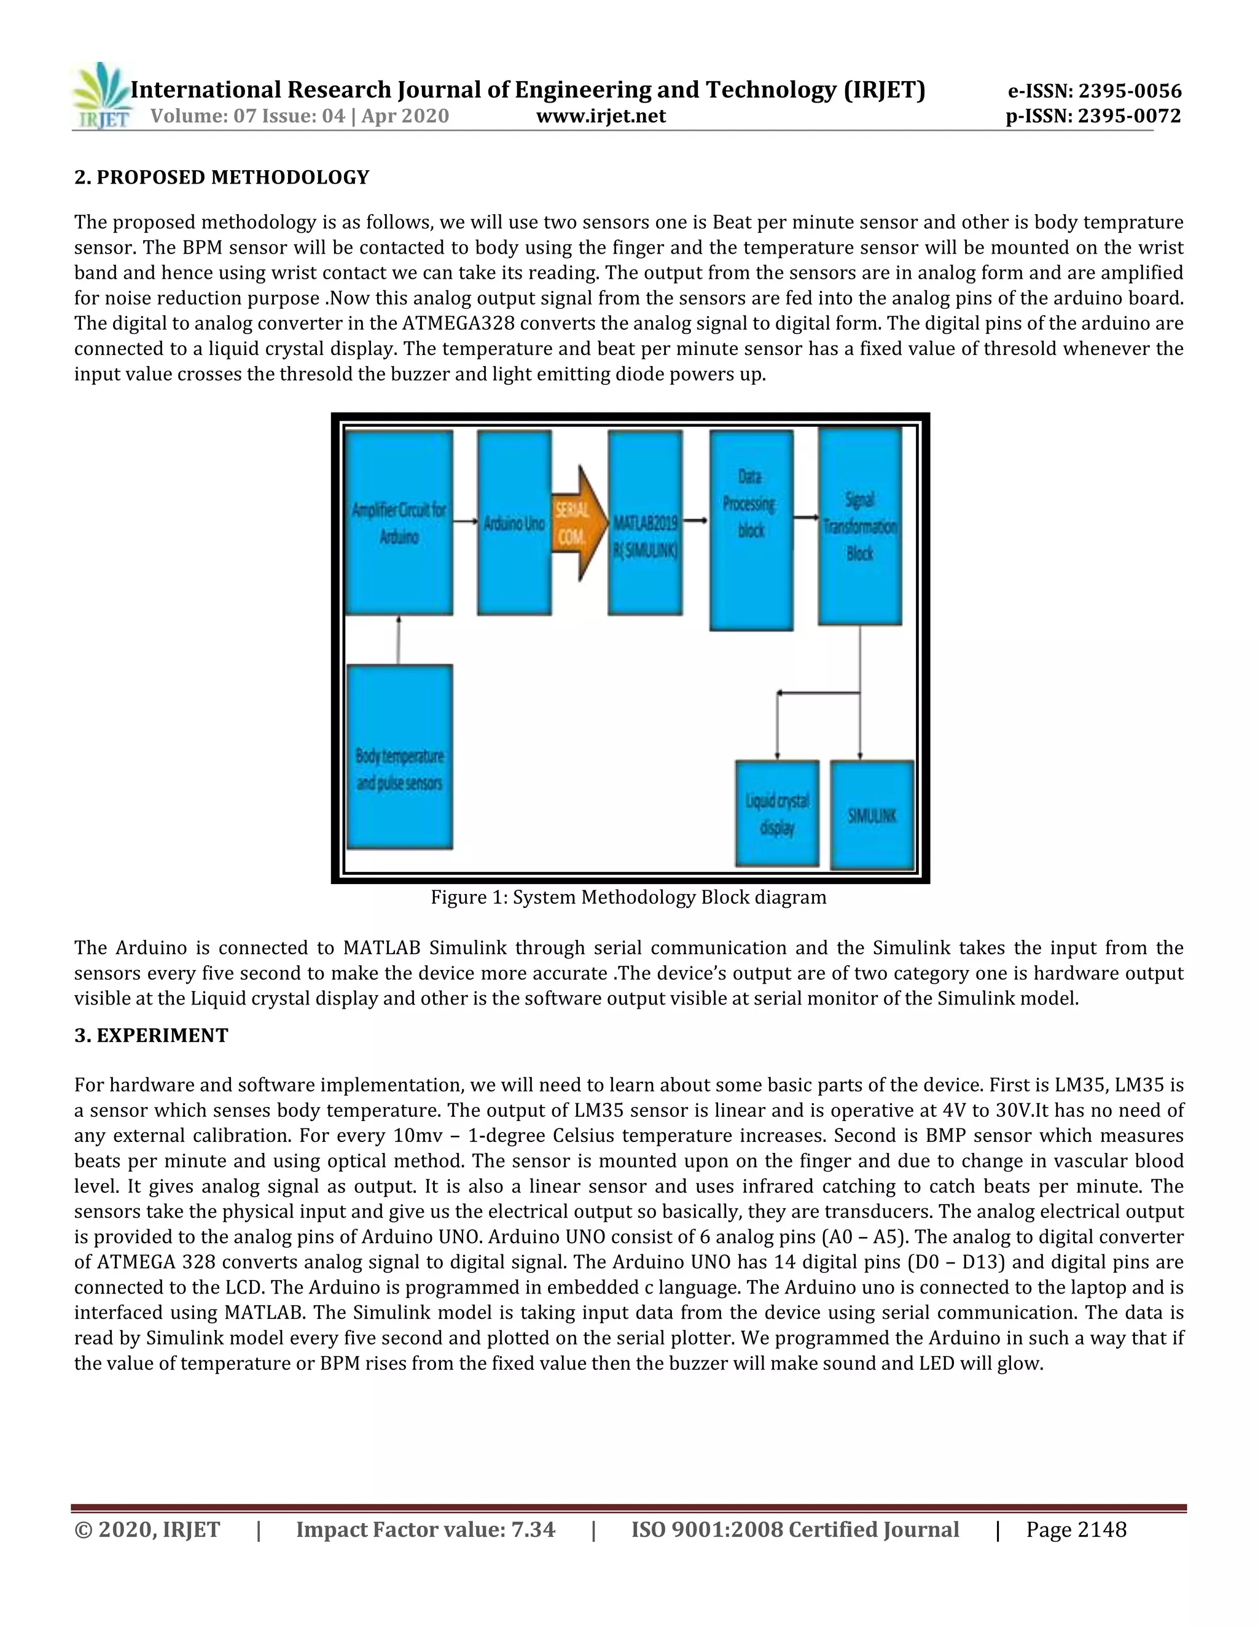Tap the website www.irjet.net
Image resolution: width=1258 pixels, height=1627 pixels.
click(x=601, y=116)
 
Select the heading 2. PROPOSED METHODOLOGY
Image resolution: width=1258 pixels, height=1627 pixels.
click(x=221, y=177)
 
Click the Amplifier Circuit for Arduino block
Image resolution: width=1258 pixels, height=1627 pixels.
click(x=399, y=523)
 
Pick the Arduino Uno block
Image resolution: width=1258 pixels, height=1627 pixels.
click(x=514, y=523)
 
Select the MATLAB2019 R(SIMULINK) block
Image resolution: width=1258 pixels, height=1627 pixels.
click(x=646, y=523)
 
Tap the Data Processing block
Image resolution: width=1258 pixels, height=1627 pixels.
click(x=751, y=530)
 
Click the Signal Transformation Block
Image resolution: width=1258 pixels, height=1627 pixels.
click(x=860, y=526)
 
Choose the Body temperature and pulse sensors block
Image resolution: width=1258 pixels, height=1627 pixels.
click(x=399, y=757)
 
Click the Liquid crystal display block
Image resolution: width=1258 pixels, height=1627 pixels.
click(x=777, y=813)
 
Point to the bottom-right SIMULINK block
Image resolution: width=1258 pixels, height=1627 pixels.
click(x=872, y=815)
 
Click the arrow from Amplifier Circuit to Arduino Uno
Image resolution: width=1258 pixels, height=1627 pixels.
click(x=465, y=522)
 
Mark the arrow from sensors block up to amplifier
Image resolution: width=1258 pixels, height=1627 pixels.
click(x=399, y=639)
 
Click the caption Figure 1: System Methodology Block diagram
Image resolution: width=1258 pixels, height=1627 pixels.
click(x=628, y=897)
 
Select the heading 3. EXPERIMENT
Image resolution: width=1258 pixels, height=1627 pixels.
click(x=151, y=1036)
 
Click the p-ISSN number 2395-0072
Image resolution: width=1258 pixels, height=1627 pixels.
click(x=1093, y=116)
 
